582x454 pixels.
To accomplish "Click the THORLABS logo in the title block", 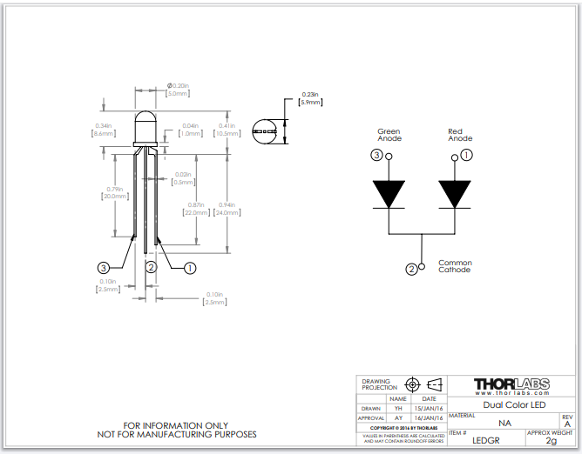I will pyautogui.click(x=511, y=384).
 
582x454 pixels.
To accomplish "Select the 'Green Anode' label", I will pyautogui.click(x=389, y=135).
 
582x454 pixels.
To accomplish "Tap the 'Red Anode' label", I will pyautogui.click(x=460, y=135).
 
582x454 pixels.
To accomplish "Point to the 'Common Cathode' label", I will pyautogui.click(x=455, y=266).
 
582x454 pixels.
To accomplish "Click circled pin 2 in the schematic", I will pyautogui.click(x=411, y=270).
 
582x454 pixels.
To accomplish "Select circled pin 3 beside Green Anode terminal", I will pyautogui.click(x=376, y=156).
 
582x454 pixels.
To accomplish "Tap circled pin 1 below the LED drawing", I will pyautogui.click(x=189, y=268).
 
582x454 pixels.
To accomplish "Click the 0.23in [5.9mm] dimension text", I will pyautogui.click(x=310, y=98).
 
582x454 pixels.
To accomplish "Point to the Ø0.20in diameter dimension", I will pyautogui.click(x=178, y=90).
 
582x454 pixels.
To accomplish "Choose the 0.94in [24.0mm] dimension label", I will pyautogui.click(x=227, y=209).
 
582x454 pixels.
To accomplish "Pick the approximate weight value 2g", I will pyautogui.click(x=550, y=441).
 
